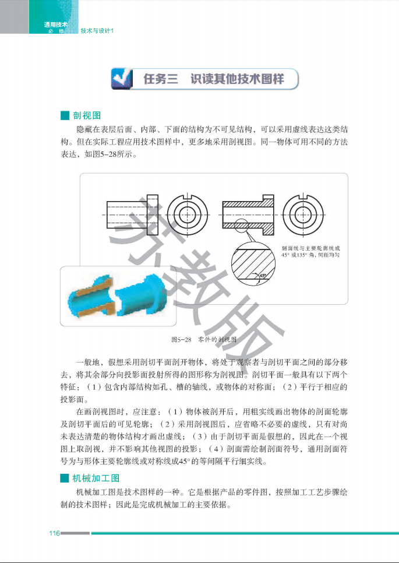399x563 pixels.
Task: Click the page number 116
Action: [55, 533]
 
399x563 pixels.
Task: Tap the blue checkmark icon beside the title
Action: [122, 79]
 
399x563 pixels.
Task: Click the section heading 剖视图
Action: [87, 115]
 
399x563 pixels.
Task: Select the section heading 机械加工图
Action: [96, 478]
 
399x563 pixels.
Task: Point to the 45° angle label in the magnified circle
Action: [263, 276]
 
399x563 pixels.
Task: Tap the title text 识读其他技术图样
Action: [237, 79]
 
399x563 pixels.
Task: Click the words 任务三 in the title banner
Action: [161, 79]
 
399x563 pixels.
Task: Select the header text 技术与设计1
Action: [97, 31]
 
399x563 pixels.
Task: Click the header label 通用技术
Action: [55, 25]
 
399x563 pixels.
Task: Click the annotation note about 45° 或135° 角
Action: [310, 251]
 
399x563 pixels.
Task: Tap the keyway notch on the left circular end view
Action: [188, 196]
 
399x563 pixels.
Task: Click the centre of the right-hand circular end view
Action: [303, 215]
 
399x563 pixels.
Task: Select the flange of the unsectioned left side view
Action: [153, 214]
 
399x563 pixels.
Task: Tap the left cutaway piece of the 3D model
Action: [91, 295]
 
